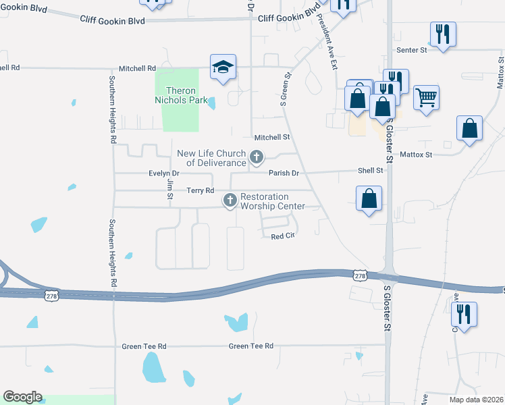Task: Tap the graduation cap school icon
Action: (x=223, y=67)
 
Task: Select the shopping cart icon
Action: (x=426, y=98)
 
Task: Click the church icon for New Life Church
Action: (x=256, y=157)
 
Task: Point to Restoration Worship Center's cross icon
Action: (x=230, y=200)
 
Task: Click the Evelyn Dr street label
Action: (x=162, y=173)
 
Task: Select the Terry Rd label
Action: (x=201, y=191)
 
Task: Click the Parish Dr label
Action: (x=284, y=173)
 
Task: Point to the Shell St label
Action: (x=370, y=171)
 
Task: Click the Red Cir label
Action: (x=284, y=236)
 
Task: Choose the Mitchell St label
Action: (x=271, y=136)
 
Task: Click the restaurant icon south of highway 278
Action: (x=464, y=314)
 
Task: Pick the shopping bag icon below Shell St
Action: (x=369, y=198)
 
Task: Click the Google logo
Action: (x=22, y=397)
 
